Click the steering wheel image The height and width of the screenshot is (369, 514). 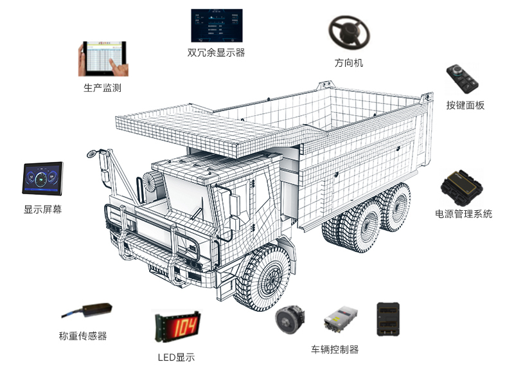349,33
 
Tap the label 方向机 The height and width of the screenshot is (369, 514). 348,62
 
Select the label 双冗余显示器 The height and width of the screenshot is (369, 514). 217,53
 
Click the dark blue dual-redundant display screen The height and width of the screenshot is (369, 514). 217,26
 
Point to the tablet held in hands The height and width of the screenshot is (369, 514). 103,59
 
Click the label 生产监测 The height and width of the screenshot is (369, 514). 103,87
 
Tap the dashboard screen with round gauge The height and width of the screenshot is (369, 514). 42,179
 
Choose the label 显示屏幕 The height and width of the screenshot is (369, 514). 42,210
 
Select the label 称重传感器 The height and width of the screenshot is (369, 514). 83,336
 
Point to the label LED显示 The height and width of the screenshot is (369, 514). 176,357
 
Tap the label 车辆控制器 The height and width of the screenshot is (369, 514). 335,350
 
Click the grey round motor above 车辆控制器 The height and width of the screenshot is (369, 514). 290,319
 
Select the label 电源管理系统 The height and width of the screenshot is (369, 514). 463,214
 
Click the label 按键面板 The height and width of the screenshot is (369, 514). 465,105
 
